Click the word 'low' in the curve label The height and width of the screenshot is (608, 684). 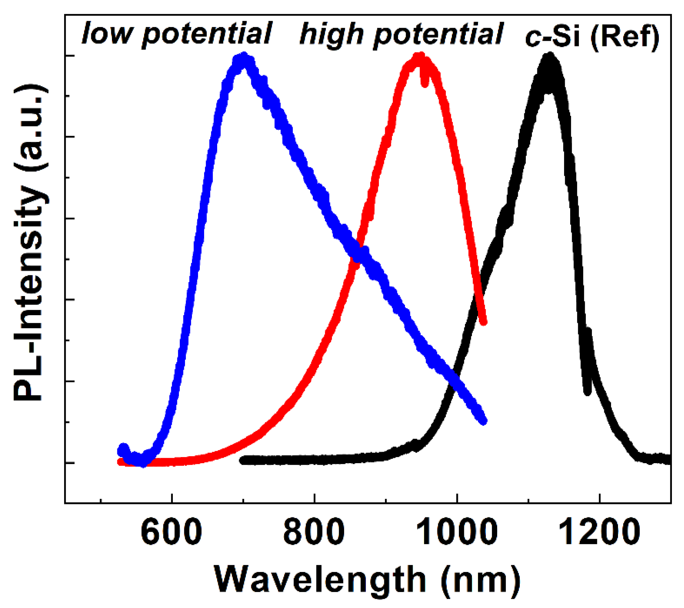[x=107, y=33]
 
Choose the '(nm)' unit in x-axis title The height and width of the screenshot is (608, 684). [x=481, y=580]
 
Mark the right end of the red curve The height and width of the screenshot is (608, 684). [x=483, y=322]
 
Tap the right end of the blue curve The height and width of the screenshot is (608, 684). [x=483, y=421]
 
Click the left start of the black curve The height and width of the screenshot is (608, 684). [x=243, y=460]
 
